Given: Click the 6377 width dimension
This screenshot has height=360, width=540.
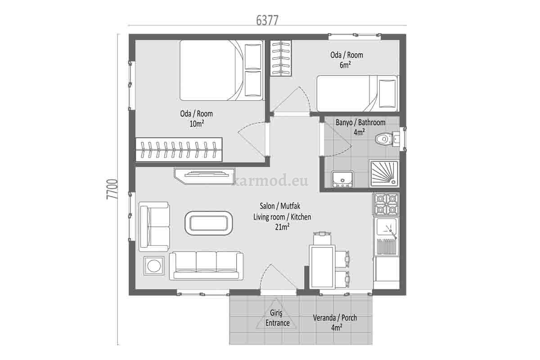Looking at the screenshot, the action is click(267, 20).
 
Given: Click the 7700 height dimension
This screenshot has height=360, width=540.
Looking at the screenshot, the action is click(112, 189).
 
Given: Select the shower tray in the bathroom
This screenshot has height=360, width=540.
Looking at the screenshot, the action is click(384, 174).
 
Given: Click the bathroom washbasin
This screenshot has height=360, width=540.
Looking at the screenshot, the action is click(342, 179).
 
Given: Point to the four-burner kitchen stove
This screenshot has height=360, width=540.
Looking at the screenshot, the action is click(386, 204).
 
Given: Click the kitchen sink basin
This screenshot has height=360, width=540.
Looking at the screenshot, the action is click(386, 227).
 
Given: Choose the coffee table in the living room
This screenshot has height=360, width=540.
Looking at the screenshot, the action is click(209, 223).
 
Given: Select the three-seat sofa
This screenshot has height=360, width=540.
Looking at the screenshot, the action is click(206, 265).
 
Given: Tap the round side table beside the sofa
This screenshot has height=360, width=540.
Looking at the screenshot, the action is click(154, 265).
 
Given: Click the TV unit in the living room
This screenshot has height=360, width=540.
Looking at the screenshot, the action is click(204, 176).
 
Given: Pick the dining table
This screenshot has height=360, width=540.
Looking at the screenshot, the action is click(322, 266).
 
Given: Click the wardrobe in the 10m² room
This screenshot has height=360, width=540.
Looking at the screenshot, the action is click(179, 149).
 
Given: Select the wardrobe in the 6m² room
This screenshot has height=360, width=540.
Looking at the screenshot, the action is click(281, 58).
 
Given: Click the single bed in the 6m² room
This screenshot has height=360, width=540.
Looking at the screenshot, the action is click(358, 94).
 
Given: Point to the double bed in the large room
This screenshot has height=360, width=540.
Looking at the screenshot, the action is click(221, 70).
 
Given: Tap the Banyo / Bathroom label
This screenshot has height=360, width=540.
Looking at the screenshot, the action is click(360, 123).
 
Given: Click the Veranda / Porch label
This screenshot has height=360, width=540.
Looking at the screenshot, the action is click(335, 318).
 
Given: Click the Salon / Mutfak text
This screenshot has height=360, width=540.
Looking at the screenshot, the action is click(280, 206).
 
